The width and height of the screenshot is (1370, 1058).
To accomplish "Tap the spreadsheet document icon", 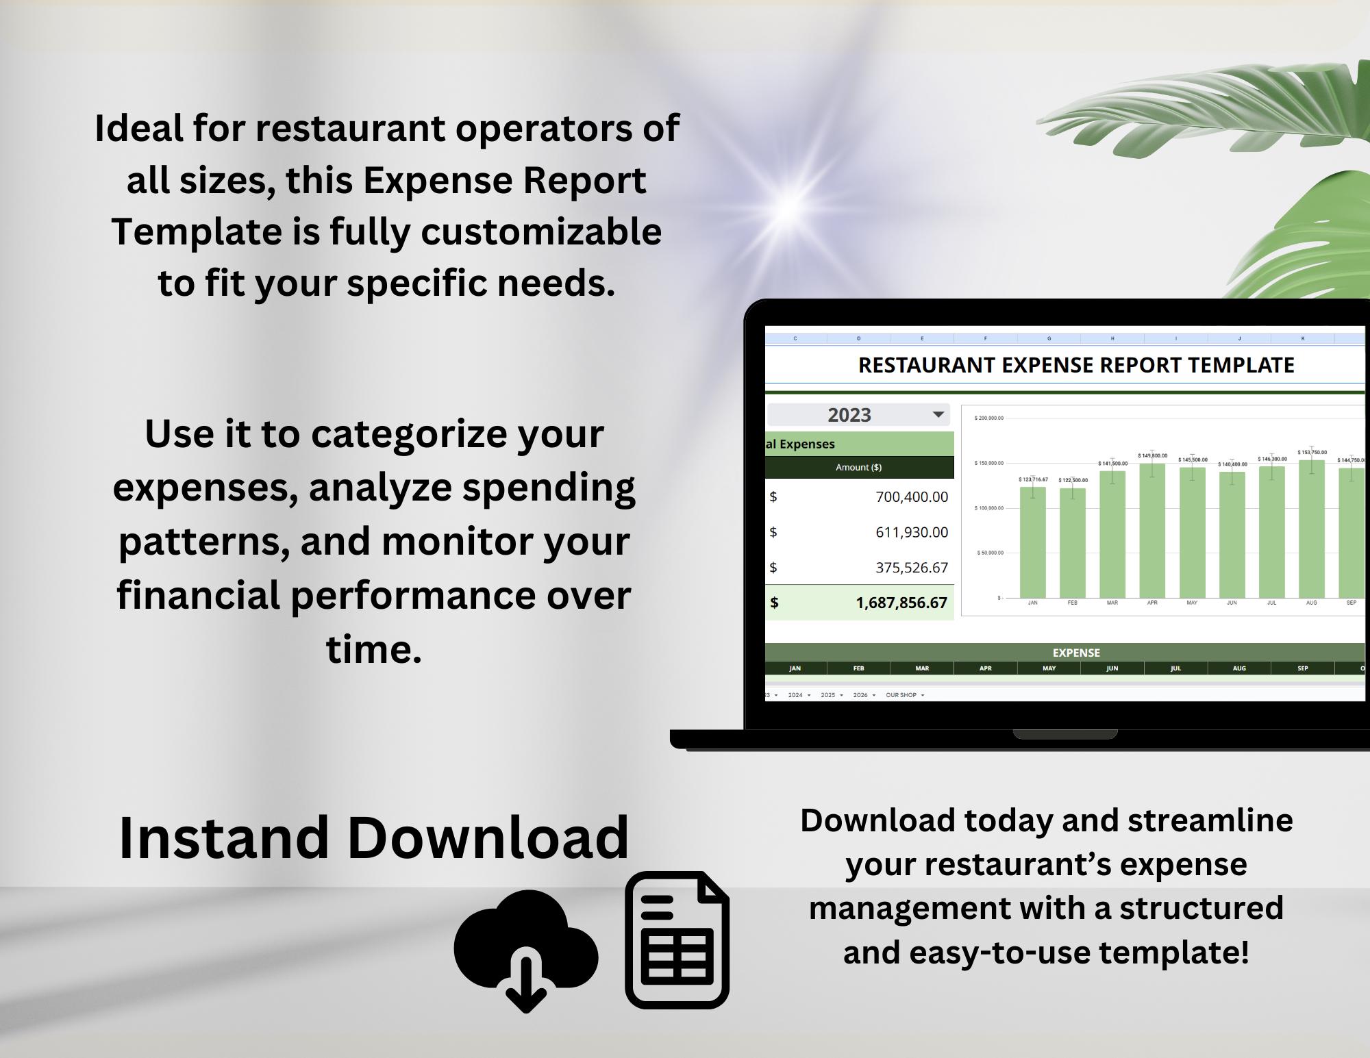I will [677, 940].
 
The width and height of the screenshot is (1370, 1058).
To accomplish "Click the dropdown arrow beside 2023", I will [938, 414].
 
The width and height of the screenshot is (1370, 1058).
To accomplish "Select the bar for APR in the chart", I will [1152, 531].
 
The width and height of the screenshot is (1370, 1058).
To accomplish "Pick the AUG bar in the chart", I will [1311, 529].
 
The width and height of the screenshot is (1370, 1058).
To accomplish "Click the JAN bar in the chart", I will [1032, 542].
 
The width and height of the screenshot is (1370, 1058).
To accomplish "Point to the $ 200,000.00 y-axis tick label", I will [988, 418].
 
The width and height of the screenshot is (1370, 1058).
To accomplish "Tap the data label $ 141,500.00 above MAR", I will [1112, 464].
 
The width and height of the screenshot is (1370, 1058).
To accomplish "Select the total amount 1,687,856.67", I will [901, 603].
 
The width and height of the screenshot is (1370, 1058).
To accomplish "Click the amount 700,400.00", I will [911, 497].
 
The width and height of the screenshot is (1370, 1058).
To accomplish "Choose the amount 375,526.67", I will [911, 568].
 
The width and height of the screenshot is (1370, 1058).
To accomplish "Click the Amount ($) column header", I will [858, 467].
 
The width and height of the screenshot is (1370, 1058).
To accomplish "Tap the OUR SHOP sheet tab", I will [901, 695].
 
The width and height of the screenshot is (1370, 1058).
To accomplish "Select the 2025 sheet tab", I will [827, 695].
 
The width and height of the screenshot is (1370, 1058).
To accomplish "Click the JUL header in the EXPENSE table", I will [1175, 668].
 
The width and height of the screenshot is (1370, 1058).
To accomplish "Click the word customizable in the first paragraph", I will [540, 231].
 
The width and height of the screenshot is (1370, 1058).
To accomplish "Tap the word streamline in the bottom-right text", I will [1210, 820].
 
